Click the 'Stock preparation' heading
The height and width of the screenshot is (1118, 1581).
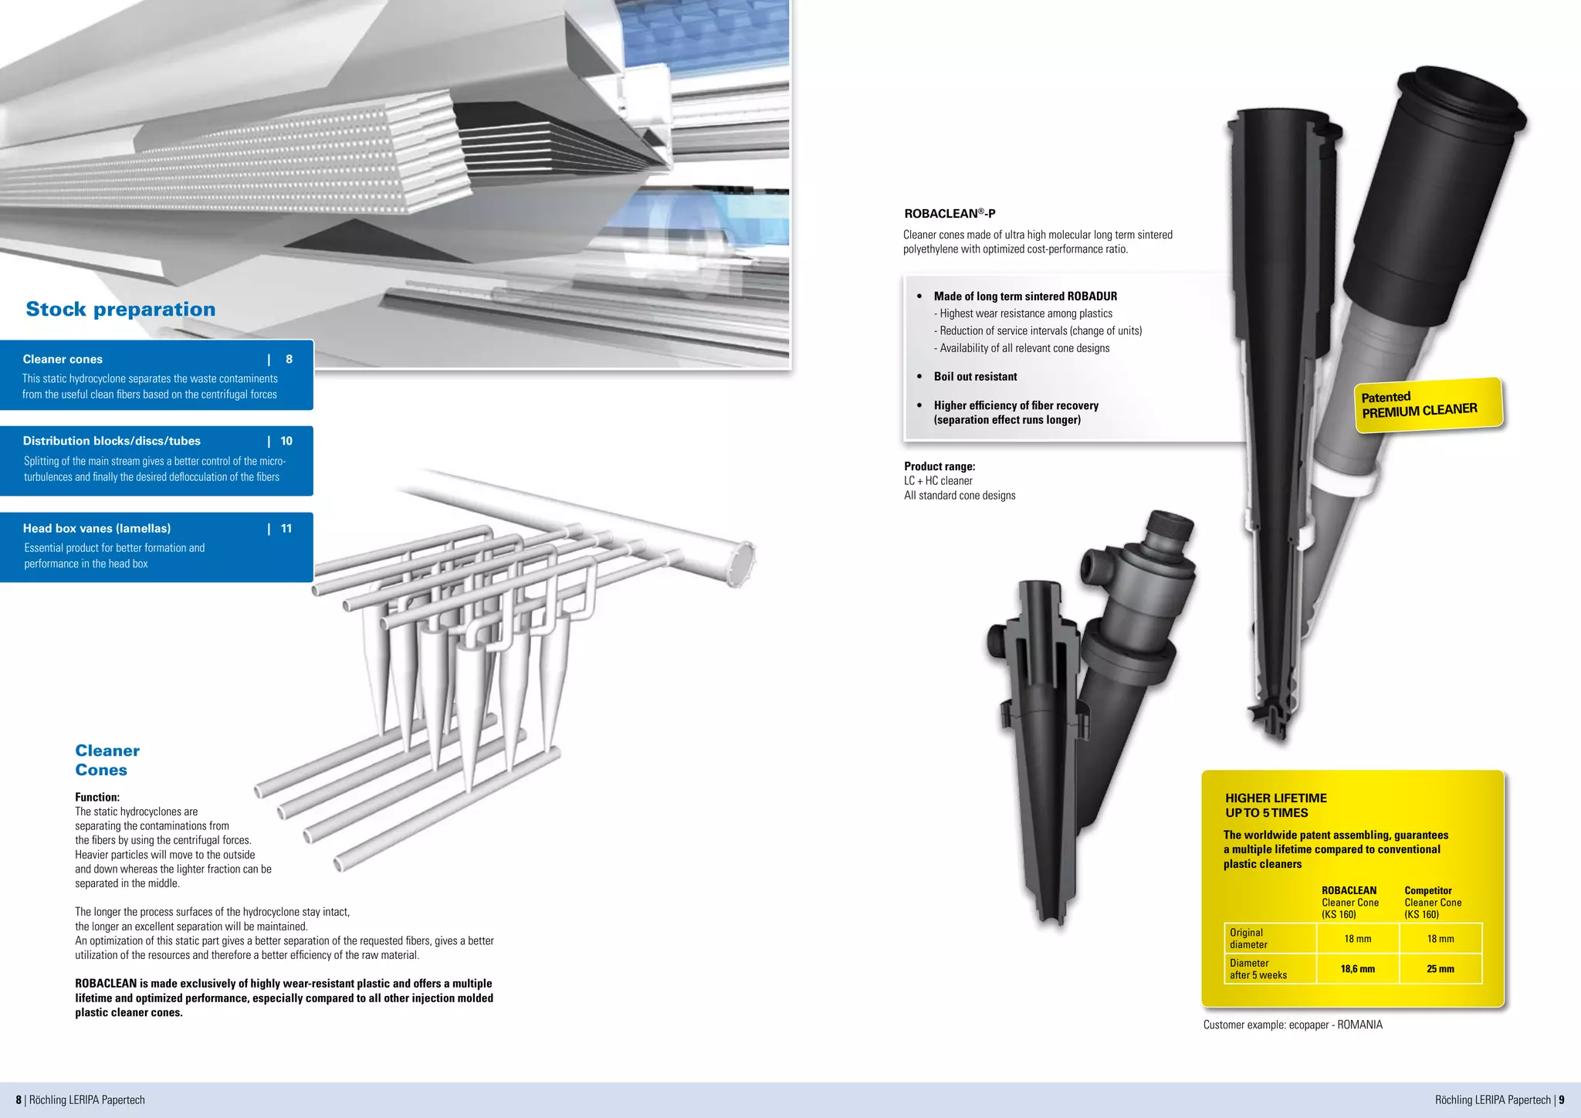coord(120,309)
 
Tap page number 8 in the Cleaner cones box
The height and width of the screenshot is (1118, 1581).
coord(289,359)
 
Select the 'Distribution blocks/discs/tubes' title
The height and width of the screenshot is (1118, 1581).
coord(111,441)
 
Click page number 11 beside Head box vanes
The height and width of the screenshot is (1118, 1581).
coord(286,528)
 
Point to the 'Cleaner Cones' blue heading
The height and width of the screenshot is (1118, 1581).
coord(107,760)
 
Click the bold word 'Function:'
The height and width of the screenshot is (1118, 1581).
coord(97,797)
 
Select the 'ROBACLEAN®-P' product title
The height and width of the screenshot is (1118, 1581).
coord(950,214)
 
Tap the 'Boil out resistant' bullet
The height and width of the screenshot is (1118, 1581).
coord(975,377)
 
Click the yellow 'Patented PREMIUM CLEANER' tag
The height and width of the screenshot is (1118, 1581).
coord(1428,405)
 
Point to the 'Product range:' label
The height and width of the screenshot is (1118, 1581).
coord(939,466)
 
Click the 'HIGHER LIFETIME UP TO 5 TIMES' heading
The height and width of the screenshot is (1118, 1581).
coord(1275,805)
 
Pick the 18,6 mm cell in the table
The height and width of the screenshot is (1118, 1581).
coord(1357,969)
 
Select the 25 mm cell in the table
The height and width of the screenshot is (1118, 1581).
coord(1440,969)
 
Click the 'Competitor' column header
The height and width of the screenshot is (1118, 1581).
coord(1427,890)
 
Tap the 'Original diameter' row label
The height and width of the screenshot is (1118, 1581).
coord(1248,938)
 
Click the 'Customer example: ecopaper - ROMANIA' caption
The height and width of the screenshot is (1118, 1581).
coord(1292,1025)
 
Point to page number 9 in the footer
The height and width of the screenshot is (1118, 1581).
coord(1562,1099)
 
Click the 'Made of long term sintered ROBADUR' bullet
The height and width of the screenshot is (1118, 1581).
coord(1024,296)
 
